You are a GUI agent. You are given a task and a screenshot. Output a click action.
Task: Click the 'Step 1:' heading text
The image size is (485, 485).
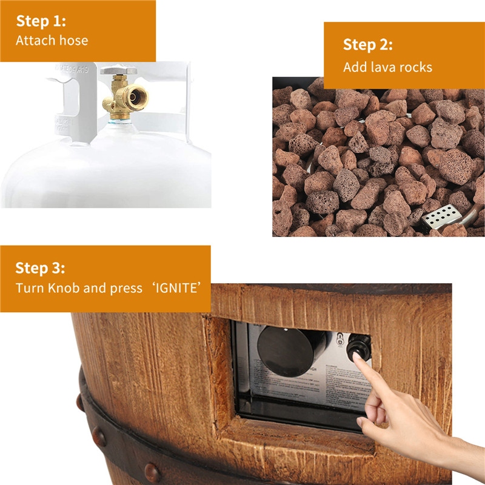(x=41, y=21)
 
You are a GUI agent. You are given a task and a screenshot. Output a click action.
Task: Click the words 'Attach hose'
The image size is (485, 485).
(x=52, y=41)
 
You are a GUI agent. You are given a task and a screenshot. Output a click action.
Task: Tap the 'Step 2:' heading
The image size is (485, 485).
(x=368, y=45)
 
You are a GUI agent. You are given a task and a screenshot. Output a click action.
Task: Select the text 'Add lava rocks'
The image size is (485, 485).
(x=388, y=67)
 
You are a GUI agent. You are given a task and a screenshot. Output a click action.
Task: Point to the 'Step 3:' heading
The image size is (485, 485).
(x=41, y=267)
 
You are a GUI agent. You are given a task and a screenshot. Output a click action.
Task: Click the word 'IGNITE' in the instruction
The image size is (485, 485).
(x=176, y=287)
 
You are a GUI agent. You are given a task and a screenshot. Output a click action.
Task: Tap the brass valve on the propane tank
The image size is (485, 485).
(x=124, y=97)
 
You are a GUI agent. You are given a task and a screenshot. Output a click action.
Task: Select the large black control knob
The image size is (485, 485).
(x=286, y=349)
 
